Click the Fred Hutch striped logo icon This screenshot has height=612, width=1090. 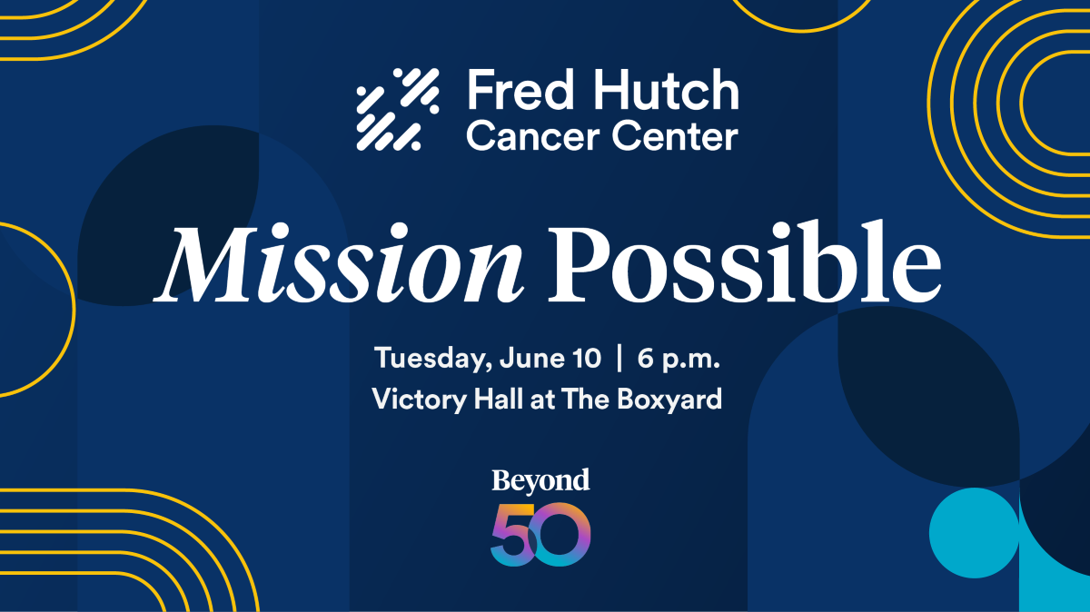398,109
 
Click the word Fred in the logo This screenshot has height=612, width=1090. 520,90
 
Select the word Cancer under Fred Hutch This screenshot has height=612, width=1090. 532,136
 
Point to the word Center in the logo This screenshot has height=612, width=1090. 675,136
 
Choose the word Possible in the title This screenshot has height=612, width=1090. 745,262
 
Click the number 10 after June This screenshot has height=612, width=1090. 587,358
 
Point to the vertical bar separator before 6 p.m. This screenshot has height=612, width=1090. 619,358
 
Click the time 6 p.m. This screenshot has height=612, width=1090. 679,359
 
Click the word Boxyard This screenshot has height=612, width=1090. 669,400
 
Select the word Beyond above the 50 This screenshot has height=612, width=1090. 540,481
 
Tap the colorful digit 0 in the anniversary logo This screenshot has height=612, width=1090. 560,534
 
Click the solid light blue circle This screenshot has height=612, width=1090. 974,533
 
